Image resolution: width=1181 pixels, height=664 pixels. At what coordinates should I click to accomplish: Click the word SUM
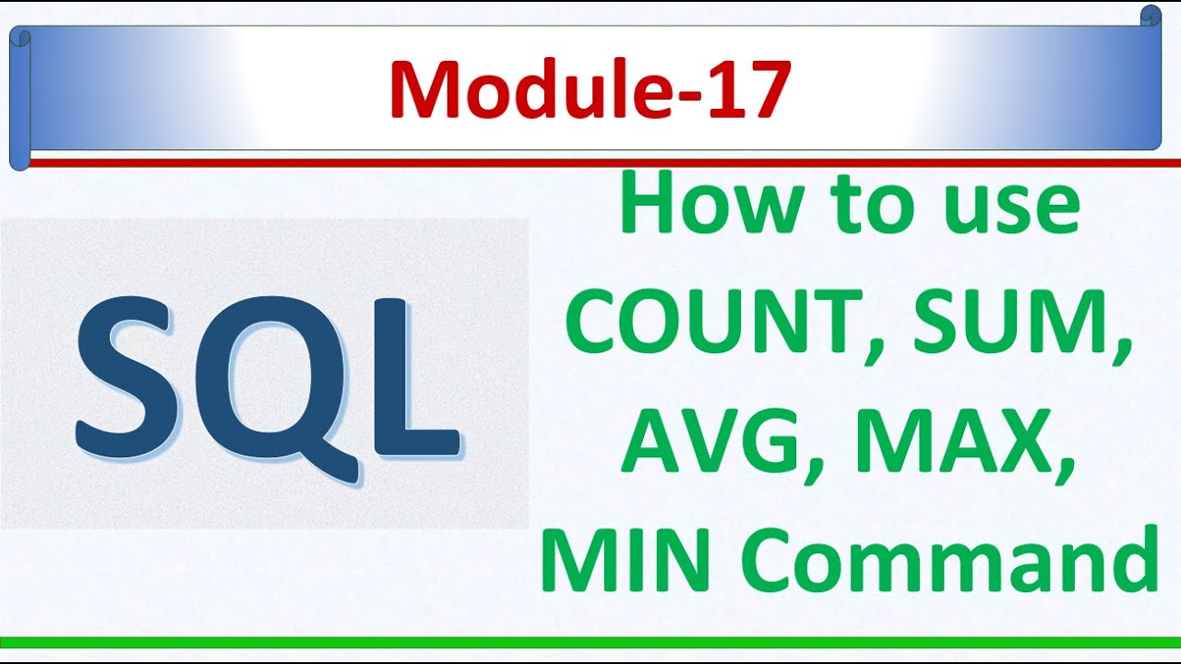point(1010,326)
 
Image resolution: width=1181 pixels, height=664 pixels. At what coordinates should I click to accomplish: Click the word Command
point(950,557)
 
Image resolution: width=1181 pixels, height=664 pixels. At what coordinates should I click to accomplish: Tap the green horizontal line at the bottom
point(590,642)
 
